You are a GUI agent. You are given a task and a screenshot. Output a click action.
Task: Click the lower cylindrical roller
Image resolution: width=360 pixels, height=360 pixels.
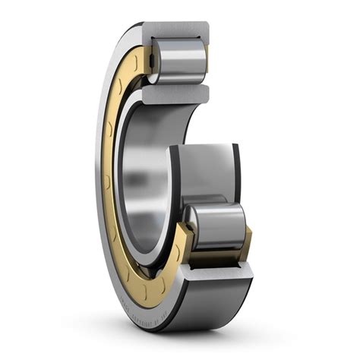click(x=218, y=226)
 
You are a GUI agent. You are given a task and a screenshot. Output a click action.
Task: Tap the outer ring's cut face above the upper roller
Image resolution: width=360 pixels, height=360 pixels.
click(x=176, y=30)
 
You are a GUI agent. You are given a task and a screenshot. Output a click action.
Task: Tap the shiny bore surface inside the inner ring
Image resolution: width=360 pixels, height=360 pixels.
click(x=141, y=182)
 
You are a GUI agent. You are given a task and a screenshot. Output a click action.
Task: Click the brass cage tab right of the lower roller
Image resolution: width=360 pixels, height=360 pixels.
click(x=247, y=242)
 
